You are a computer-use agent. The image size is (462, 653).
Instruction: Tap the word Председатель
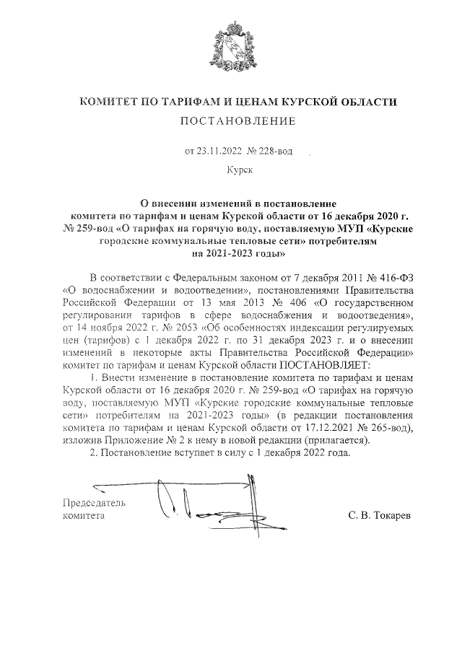pyautogui.click(x=95, y=503)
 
